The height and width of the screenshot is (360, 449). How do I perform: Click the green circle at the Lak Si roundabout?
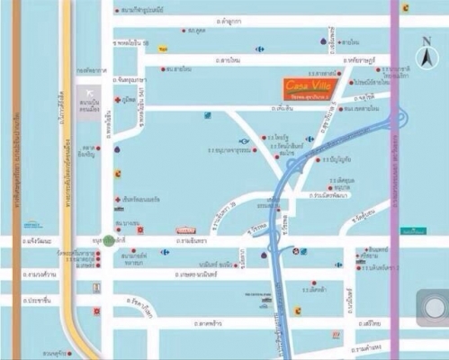click(109, 240)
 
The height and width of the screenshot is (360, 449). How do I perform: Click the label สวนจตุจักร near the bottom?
click(56, 353)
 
